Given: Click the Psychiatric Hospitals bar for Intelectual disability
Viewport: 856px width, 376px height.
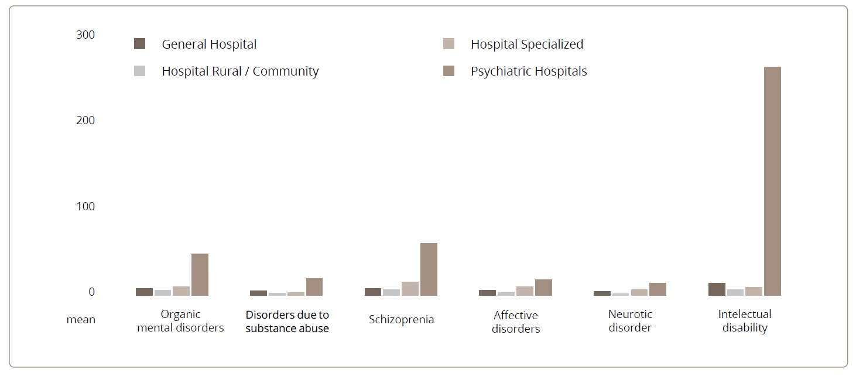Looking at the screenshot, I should coord(772,181).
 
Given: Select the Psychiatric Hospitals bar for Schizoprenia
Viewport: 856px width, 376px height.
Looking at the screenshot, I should coord(429,269).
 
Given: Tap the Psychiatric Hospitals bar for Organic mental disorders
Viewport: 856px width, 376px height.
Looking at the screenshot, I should coord(200,275).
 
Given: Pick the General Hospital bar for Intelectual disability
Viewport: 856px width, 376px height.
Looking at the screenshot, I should coord(717,289).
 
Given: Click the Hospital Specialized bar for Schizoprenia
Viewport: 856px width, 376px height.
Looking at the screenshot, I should coord(410,289).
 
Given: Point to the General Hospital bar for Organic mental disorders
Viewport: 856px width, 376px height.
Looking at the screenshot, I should coord(144,292).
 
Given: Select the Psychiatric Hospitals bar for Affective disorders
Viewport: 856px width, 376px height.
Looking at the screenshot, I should coord(543,288).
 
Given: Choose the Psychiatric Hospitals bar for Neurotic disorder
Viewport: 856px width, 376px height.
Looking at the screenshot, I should coord(658,289).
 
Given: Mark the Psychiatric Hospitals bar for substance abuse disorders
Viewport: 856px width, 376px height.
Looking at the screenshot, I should coord(314,287).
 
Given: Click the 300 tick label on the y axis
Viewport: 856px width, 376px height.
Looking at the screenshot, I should coord(85,35).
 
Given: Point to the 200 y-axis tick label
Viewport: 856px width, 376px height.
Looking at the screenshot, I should coord(85,120).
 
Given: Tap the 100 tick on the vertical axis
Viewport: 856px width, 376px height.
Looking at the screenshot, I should coord(85,206).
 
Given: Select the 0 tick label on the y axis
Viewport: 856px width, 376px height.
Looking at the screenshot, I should coord(91,292).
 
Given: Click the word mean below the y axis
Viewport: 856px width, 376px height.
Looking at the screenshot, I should coord(81,320).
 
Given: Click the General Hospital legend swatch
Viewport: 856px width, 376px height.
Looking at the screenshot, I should coord(139,44).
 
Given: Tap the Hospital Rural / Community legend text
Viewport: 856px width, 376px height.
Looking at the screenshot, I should coord(240,71).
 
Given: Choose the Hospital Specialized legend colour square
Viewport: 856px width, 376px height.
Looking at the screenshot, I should coord(449,44).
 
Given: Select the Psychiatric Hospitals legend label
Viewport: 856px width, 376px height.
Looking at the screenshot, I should coord(529,71).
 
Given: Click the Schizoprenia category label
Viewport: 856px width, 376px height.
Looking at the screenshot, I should coord(402,320).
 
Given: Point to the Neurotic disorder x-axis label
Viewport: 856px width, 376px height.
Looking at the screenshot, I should coord(630,321).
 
